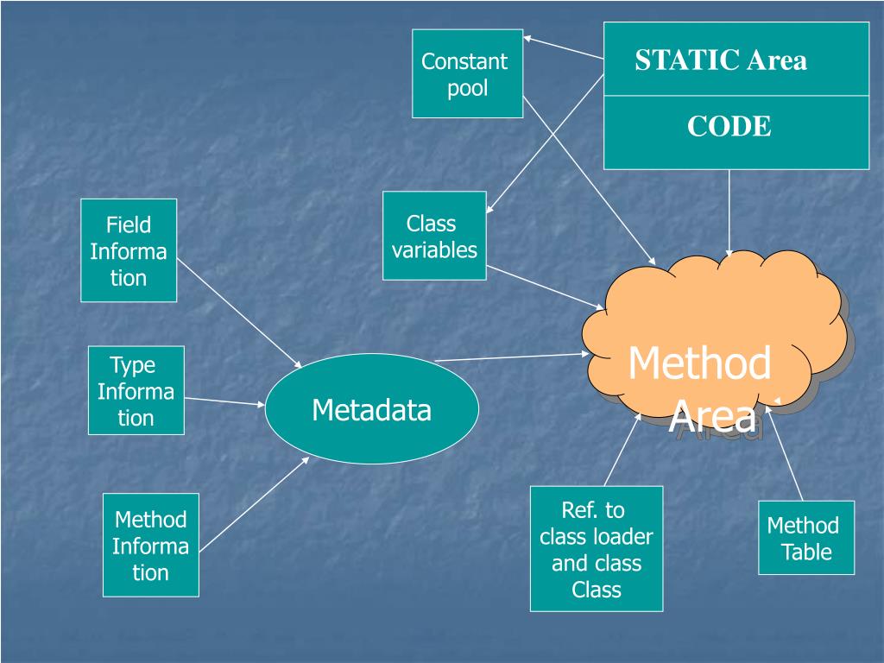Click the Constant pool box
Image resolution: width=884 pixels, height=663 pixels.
[467, 73]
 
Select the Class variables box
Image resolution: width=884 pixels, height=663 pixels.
[434, 236]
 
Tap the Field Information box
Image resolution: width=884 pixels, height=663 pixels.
[129, 250]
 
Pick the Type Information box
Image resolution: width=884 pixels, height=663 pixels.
[136, 390]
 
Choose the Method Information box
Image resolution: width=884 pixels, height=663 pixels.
[150, 545]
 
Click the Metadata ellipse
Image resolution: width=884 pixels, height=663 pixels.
[371, 409]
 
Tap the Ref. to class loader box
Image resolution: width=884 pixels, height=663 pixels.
[596, 548]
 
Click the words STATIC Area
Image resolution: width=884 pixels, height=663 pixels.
[721, 60]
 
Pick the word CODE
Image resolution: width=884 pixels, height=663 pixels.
[729, 127]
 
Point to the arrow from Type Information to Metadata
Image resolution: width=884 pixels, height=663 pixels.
[224, 401]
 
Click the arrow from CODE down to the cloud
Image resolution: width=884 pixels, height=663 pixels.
[729, 212]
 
